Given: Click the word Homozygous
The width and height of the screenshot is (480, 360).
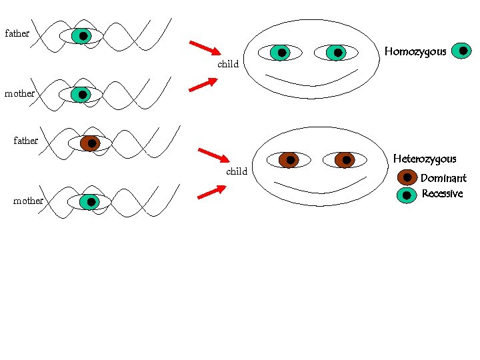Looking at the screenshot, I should [x=415, y=51].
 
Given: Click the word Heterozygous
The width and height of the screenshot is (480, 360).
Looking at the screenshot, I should [x=425, y=159].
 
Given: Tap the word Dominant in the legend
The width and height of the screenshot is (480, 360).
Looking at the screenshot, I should [x=443, y=178].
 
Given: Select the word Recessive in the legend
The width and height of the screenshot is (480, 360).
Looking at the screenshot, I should [x=442, y=194].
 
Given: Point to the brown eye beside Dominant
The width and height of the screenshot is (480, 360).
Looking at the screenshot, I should [x=407, y=177].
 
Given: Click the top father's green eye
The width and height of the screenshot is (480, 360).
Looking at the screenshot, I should [x=82, y=35].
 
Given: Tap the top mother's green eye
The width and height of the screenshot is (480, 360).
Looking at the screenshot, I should [x=81, y=95].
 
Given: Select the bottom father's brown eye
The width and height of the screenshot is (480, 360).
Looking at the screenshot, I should [x=90, y=143].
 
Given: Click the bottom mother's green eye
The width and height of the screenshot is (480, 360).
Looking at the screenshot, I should [x=89, y=201].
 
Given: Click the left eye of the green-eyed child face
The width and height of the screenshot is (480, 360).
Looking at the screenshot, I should [x=282, y=53].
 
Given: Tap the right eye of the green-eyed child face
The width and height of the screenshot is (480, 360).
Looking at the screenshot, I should [x=337, y=53].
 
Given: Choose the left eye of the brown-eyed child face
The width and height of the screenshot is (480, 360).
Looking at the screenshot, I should [x=289, y=160].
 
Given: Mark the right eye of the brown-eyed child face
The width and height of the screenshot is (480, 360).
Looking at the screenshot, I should [x=345, y=160].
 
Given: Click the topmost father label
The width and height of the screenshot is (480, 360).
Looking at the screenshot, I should [x=17, y=33].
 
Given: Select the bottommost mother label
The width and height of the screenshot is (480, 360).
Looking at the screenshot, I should [x=29, y=201].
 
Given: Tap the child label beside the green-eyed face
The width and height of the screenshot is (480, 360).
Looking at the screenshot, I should [x=228, y=65].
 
